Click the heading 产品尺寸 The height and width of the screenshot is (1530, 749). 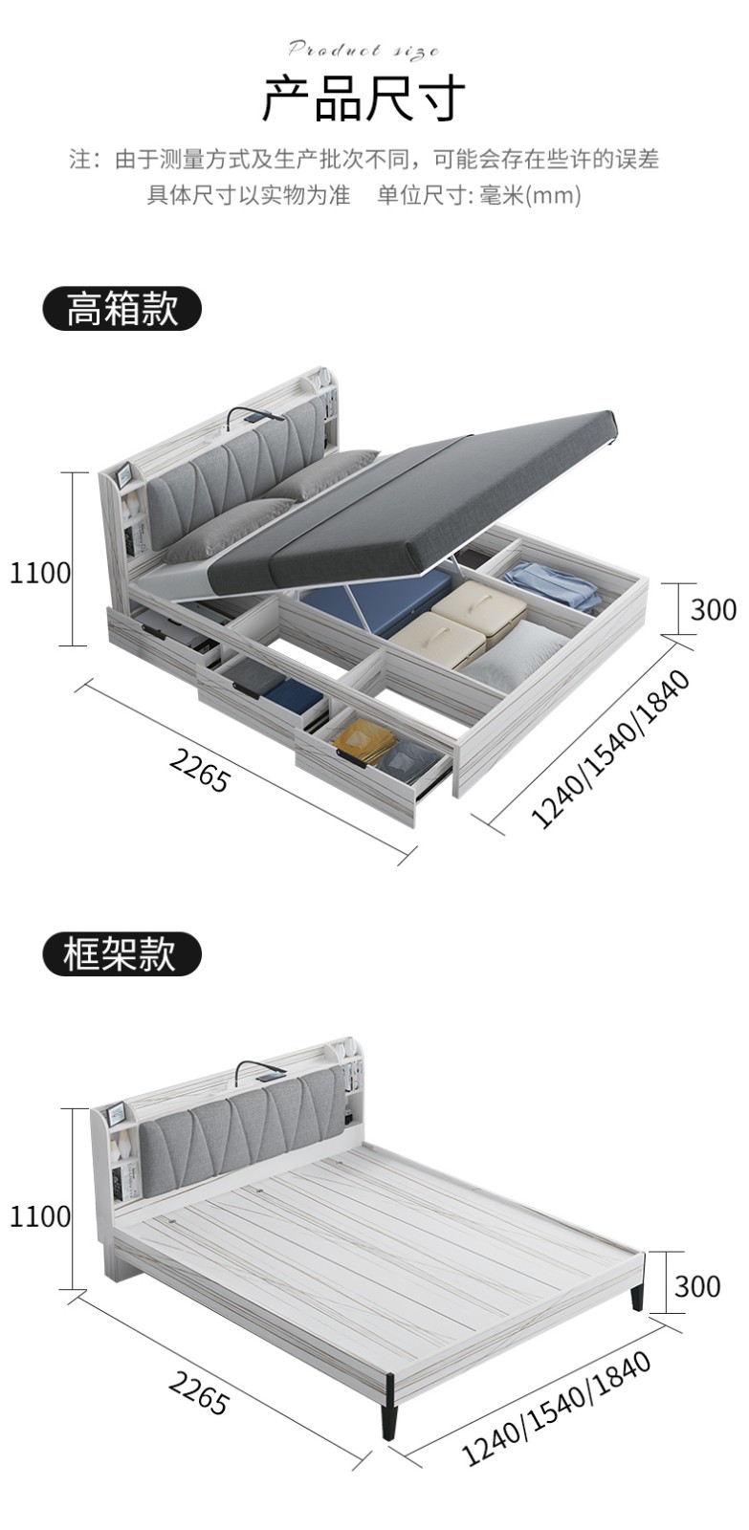[363, 98]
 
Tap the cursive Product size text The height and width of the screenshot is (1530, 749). [363, 50]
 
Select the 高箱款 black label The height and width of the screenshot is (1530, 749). [121, 309]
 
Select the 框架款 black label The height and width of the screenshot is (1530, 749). [121, 953]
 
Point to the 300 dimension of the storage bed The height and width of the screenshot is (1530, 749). [712, 609]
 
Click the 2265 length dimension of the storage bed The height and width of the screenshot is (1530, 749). [200, 770]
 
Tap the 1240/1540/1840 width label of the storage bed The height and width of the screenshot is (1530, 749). [609, 749]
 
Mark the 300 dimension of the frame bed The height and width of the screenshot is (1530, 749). [697, 1286]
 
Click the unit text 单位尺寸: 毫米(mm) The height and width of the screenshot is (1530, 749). [478, 195]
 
